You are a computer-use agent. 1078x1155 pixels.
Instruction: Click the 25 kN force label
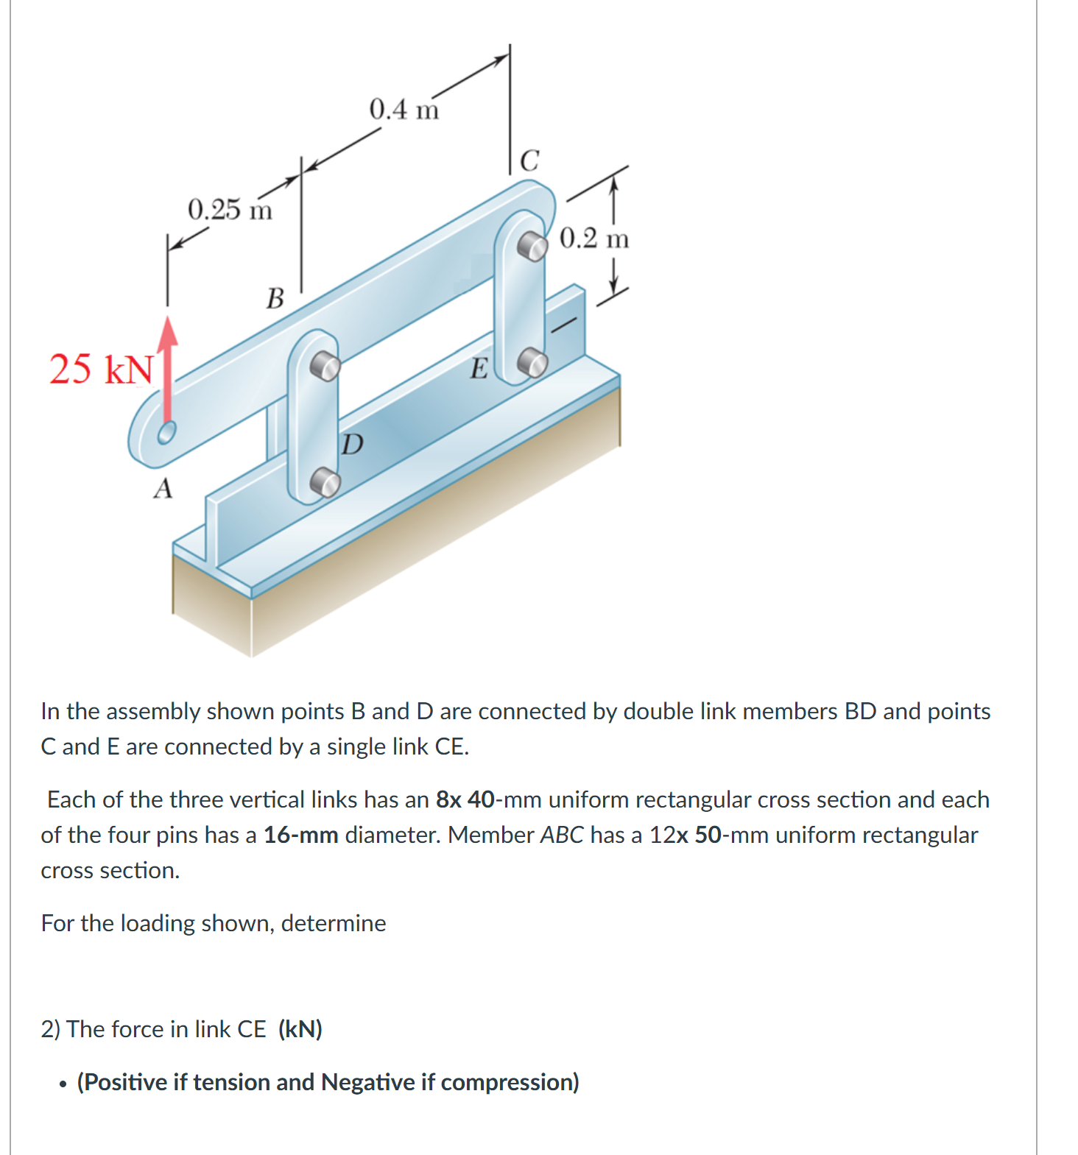click(102, 369)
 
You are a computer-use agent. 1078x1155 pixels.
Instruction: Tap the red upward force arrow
click(169, 368)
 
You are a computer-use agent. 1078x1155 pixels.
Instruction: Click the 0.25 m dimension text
click(230, 210)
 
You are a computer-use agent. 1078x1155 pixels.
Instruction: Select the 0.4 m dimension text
click(404, 110)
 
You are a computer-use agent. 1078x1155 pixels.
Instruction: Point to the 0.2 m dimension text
click(594, 239)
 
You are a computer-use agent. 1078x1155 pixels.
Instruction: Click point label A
click(163, 489)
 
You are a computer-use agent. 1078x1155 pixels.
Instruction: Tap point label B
click(275, 299)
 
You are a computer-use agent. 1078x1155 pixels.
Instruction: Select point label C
click(529, 160)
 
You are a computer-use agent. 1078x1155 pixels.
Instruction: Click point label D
click(353, 444)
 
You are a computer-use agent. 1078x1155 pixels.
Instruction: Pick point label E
click(479, 368)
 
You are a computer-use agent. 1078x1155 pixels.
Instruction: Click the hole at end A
click(166, 432)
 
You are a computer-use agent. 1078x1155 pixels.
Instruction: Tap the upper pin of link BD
click(324, 364)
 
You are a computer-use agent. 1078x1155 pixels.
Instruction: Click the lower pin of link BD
click(324, 482)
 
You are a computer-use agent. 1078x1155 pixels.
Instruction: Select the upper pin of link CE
click(532, 245)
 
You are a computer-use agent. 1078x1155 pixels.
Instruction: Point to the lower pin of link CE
click(532, 362)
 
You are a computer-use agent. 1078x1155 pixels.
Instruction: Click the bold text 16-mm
click(300, 835)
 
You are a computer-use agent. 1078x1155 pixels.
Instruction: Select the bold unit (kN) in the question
click(300, 1028)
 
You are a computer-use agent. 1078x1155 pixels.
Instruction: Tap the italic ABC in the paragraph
click(561, 835)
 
